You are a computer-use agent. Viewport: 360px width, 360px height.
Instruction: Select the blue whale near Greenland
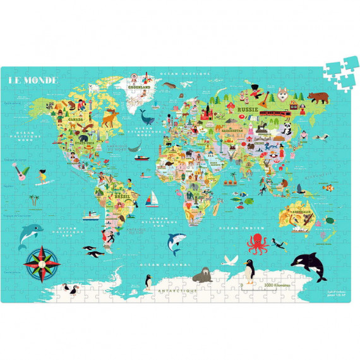[147, 117]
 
